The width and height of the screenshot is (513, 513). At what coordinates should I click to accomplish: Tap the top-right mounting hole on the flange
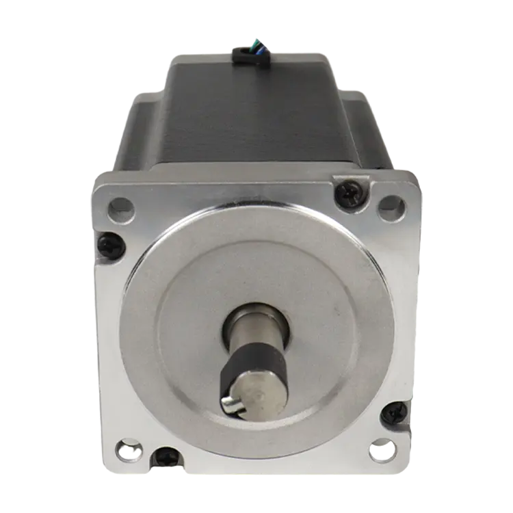390,203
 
